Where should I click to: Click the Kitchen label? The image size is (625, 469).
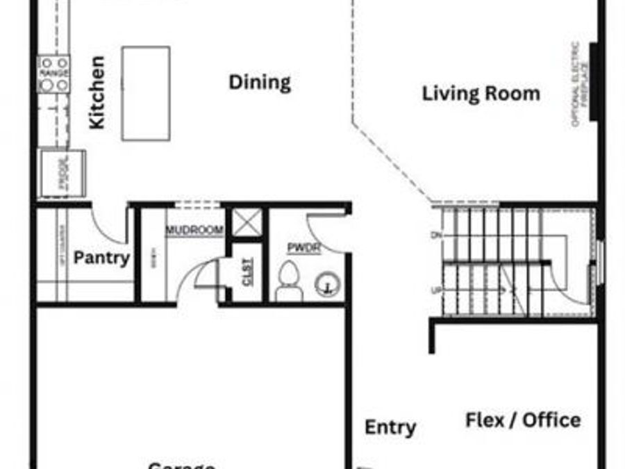click(x=97, y=92)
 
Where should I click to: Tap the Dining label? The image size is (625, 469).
click(x=260, y=83)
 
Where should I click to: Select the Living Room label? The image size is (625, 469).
click(x=481, y=94)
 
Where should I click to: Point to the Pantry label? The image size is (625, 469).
click(x=101, y=258)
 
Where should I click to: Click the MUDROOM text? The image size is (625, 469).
click(x=194, y=230)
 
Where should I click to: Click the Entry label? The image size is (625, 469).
click(x=390, y=427)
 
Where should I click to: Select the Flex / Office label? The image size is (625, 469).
click(x=522, y=420)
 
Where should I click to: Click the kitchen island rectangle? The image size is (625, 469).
click(x=146, y=93)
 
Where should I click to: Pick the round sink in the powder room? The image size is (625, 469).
click(x=326, y=283)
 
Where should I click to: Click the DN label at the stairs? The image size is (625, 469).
click(x=436, y=236)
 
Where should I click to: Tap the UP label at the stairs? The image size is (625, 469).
click(x=436, y=291)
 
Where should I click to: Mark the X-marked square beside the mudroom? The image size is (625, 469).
click(x=247, y=222)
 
